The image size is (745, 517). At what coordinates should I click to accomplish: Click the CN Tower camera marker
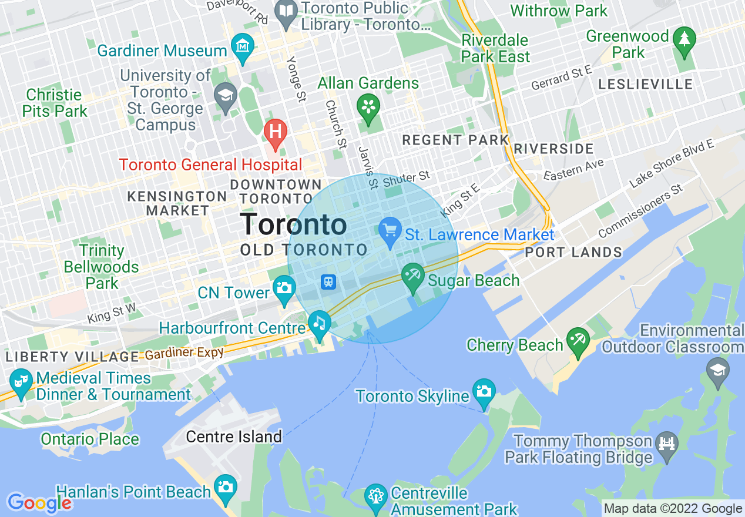pyautogui.click(x=284, y=287)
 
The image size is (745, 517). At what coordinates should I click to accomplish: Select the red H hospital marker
pyautogui.click(x=275, y=130)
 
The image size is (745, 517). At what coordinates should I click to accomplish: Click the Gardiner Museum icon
pyautogui.click(x=242, y=45)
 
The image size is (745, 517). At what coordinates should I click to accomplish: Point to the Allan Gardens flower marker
pyautogui.click(x=368, y=106)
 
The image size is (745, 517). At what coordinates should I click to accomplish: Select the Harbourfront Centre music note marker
pyautogui.click(x=319, y=323)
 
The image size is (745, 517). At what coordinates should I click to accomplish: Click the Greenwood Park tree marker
pyautogui.click(x=684, y=39)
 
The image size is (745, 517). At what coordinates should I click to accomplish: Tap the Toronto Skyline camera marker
pyautogui.click(x=484, y=391)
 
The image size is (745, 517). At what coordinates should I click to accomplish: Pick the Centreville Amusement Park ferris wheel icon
pyautogui.click(x=375, y=495)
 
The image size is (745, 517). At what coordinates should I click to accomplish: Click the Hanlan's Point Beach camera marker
pyautogui.click(x=225, y=487)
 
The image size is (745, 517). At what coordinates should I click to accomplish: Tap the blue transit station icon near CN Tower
pyautogui.click(x=328, y=282)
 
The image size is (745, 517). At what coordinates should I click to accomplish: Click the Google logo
pyautogui.click(x=39, y=503)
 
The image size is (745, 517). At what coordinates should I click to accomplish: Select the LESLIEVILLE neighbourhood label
pyautogui.click(x=645, y=85)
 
